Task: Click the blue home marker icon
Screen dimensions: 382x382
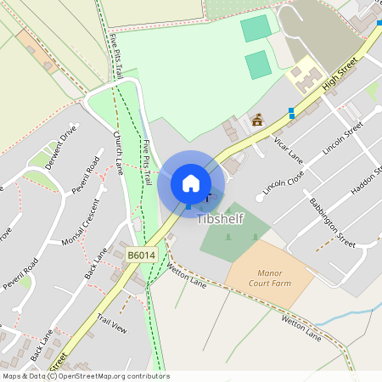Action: (191, 183)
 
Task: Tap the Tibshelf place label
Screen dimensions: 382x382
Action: (222, 218)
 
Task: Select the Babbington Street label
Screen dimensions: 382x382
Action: (332, 220)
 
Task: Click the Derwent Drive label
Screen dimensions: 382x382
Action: (62, 148)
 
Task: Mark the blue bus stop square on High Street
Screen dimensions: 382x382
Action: (291, 112)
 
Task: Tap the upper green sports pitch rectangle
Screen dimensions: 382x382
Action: (256, 28)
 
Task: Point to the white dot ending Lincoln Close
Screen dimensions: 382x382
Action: (259, 198)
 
